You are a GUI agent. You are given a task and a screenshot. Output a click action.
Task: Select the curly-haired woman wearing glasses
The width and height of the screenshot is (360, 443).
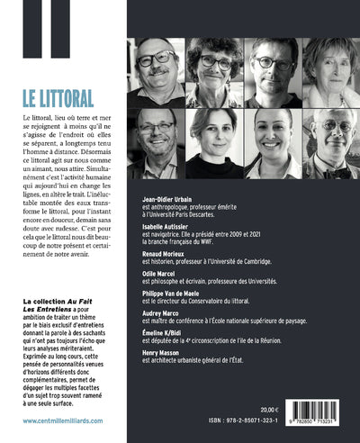pyautogui.click(x=214, y=70)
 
